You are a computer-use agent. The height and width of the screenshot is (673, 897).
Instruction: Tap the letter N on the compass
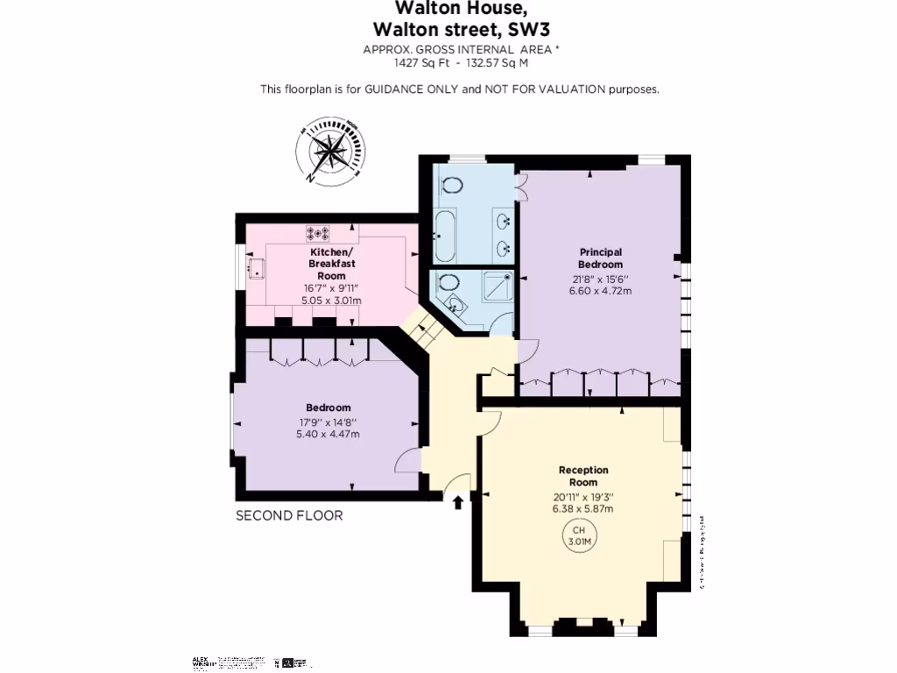pyautogui.click(x=310, y=178)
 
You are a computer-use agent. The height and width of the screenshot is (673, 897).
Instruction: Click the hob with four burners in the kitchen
pyautogui.click(x=318, y=233)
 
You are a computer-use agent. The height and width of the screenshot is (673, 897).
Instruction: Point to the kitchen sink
pyautogui.click(x=258, y=268)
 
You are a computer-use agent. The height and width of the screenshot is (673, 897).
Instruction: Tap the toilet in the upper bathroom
pyautogui.click(x=453, y=185)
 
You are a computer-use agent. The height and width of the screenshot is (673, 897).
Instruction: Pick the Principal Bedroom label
pyautogui.click(x=600, y=259)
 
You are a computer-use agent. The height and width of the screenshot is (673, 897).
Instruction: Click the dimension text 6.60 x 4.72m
pyautogui.click(x=600, y=291)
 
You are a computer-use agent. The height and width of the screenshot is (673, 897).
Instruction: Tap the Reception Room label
pyautogui.click(x=583, y=476)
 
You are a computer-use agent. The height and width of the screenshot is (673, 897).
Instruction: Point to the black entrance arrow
pyautogui.click(x=457, y=500)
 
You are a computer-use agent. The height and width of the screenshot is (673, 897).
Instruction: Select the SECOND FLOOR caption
pyautogui.click(x=289, y=515)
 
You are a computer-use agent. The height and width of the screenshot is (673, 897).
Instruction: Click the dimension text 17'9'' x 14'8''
pyautogui.click(x=328, y=422)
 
